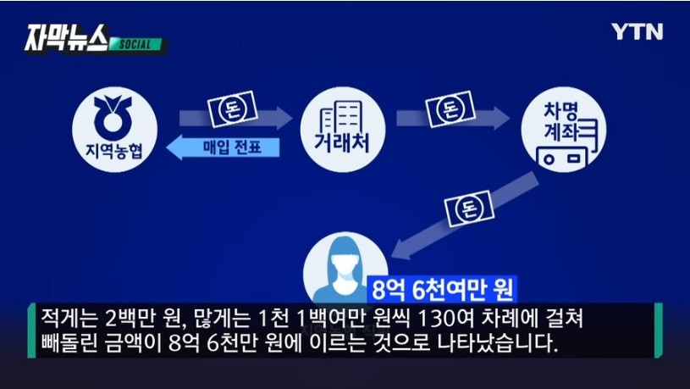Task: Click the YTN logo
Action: pos(637,31)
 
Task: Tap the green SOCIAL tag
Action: pos(135,45)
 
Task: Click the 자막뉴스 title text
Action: pos(66,38)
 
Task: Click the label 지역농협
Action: pos(114,150)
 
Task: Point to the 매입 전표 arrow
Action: pos(224,147)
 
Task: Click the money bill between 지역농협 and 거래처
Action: pos(232,108)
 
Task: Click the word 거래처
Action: pos(342,143)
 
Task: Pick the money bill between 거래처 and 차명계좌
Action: pos(450,108)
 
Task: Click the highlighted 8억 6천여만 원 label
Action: pos(442,289)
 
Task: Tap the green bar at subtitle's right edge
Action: pos(659,331)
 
